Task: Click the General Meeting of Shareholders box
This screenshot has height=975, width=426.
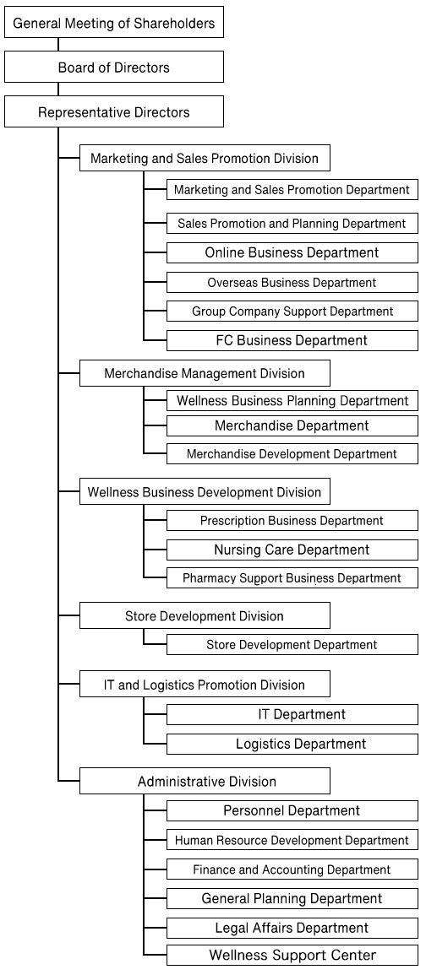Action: point(114,23)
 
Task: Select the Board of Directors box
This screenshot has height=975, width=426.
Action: point(114,68)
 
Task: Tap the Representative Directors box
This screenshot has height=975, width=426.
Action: point(114,112)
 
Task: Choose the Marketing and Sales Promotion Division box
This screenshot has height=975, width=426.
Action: point(205,158)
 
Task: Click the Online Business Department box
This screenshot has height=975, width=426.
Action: point(292,252)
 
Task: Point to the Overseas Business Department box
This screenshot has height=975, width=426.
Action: point(292,282)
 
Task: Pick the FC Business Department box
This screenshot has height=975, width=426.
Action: point(292,340)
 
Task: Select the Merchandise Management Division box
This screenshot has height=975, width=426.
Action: point(205,373)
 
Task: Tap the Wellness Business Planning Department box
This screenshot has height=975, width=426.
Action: point(292,400)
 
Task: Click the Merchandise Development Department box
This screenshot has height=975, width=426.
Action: point(292,454)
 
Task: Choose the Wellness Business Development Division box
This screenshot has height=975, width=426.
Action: point(205,492)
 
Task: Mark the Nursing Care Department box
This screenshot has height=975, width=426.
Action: point(292,550)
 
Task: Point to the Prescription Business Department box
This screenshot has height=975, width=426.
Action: point(292,521)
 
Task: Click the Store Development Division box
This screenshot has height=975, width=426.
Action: point(205,616)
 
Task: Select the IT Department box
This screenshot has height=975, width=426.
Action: point(292,714)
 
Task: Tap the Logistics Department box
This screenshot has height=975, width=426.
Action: point(292,744)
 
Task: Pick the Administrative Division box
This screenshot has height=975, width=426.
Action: point(205,781)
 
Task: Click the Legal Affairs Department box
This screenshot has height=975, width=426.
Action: point(292,928)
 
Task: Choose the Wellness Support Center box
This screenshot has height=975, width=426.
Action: point(292,955)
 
